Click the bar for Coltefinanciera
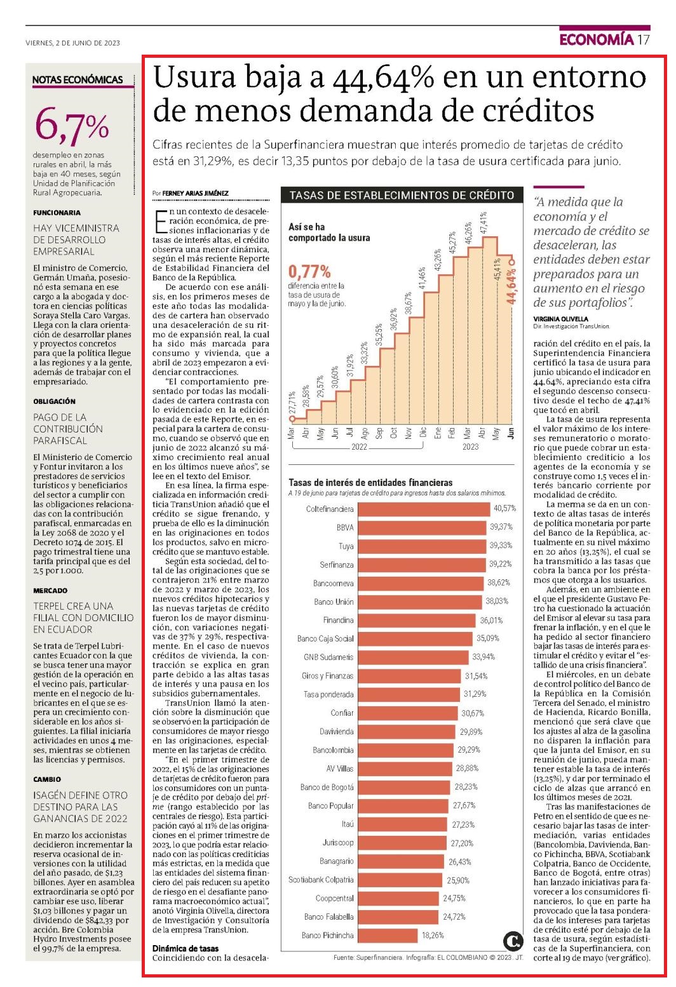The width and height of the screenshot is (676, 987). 424,509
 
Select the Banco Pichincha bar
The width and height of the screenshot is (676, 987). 388,935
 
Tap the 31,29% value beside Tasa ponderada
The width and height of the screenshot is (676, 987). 475,694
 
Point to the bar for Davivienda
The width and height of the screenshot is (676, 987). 407,732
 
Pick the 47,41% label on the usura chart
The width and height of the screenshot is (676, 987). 484,223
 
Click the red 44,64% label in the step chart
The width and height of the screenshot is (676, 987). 511,286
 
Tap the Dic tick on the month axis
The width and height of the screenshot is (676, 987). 423,433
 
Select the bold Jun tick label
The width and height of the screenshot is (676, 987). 511,433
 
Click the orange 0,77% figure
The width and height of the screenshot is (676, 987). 309,271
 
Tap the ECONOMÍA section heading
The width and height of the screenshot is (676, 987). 596,40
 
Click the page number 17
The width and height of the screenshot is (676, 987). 644,40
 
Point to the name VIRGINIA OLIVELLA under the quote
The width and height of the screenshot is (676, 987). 560,319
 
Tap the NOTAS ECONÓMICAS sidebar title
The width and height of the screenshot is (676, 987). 78,80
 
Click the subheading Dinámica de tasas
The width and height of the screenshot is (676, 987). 186,948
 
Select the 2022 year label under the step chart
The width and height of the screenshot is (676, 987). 359,446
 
